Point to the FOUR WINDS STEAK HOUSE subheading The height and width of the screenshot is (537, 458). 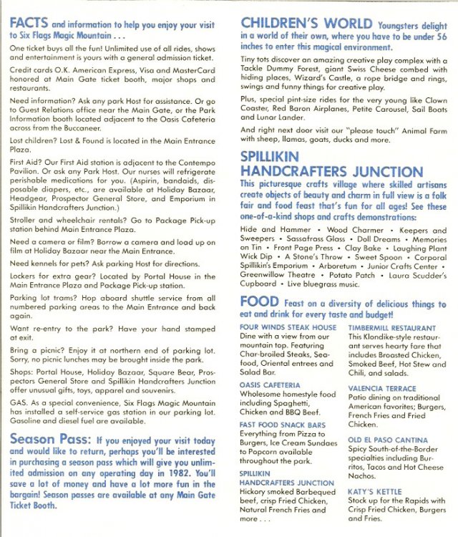click(x=288, y=327)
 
